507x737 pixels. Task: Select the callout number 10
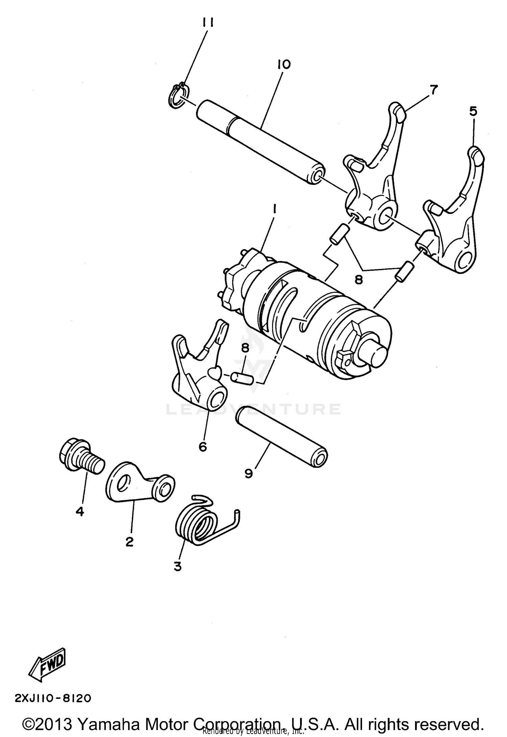[x=284, y=64]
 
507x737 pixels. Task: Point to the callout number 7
[x=434, y=90]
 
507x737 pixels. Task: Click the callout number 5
[x=474, y=111]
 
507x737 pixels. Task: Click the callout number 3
[x=178, y=566]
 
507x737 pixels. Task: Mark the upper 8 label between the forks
[x=358, y=279]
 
